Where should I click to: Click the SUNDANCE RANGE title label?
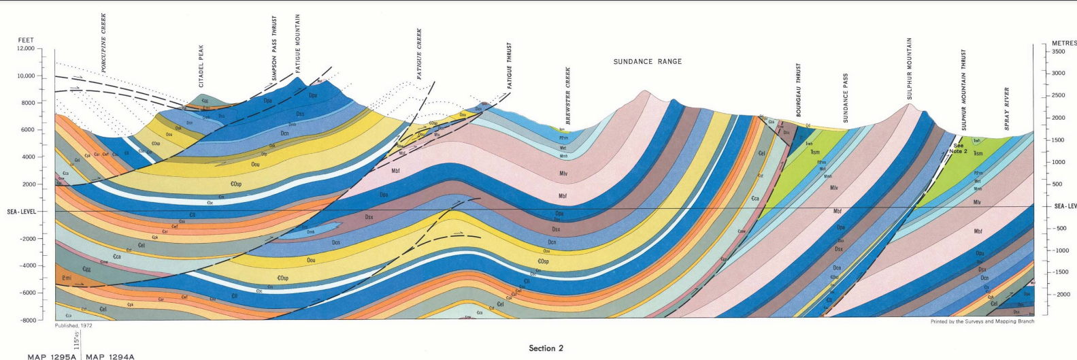point(647,61)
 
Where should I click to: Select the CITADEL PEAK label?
point(201,66)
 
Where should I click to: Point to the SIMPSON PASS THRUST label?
point(274,49)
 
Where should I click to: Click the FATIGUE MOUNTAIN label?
point(298,44)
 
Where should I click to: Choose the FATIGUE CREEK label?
point(420,54)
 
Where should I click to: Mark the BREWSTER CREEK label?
point(568,95)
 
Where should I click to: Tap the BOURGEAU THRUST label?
point(799,90)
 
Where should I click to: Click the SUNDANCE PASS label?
point(846,98)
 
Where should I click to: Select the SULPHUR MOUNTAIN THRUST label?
point(963,90)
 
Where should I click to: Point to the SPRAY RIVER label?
point(1007,109)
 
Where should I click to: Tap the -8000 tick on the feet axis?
point(27,320)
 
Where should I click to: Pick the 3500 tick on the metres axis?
point(1059,52)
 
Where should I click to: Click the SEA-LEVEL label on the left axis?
point(21,212)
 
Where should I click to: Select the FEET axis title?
point(26,40)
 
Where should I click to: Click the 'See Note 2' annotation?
point(959,148)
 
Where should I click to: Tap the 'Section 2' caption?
point(546,348)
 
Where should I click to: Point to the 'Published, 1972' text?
point(73,326)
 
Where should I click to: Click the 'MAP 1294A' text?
point(110,357)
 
